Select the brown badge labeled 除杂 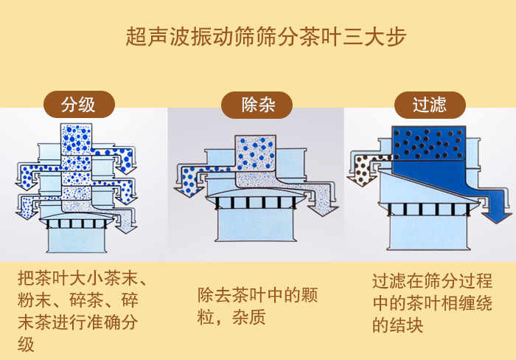[x=258, y=105]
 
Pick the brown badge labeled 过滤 [x=429, y=105]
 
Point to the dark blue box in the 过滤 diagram [x=428, y=143]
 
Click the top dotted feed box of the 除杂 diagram [x=255, y=152]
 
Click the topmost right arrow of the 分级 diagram [x=122, y=155]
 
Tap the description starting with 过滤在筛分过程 [x=432, y=302]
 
